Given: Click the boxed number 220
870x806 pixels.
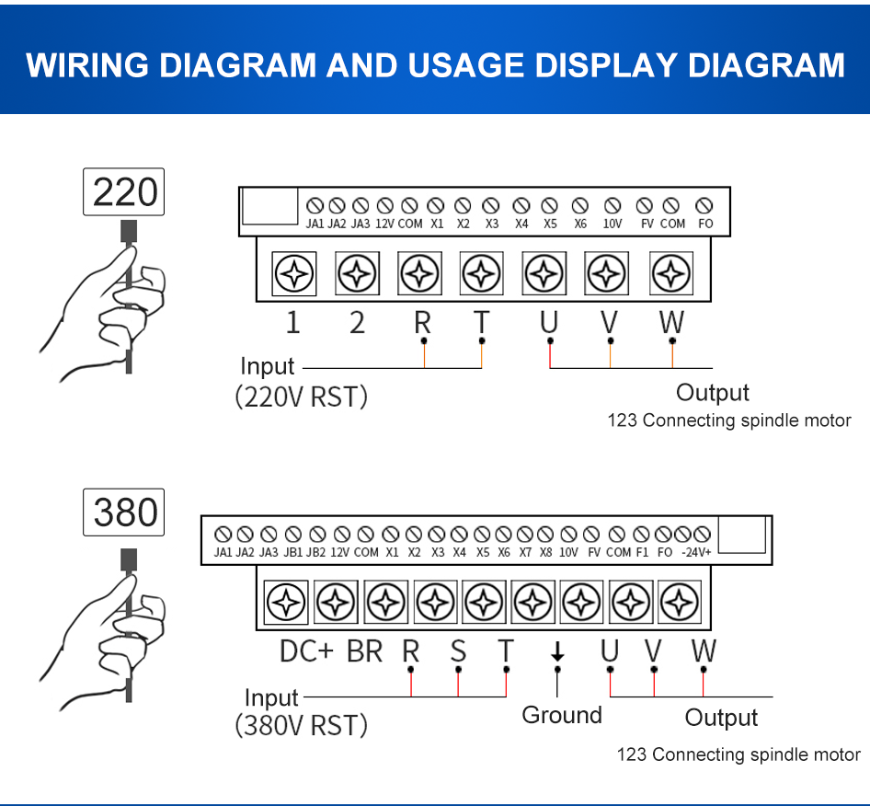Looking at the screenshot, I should pos(124,192).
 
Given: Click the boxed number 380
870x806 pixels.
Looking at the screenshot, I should pos(124,512).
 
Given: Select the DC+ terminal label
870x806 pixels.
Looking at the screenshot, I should pos(307,651).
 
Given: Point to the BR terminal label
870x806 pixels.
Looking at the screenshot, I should pos(364,651).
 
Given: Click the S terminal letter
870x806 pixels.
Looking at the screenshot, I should pos(458,651).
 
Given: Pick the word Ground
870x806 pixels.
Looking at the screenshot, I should pos(562,715).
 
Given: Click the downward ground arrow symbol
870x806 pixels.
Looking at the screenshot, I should pos(556,652).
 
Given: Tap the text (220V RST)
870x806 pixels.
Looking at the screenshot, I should pos(301,397).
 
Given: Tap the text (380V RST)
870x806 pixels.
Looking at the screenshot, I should pos(301,726).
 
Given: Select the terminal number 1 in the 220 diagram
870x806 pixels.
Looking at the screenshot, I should pos(292,323).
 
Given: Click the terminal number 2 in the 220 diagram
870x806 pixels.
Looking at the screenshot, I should pos(357,323).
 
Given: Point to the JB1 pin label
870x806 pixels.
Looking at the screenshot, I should pos(292,553).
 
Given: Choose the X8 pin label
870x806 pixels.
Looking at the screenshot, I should pos(545,553).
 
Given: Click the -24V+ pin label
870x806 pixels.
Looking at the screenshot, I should pos(696,553).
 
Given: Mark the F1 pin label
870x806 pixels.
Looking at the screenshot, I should pos(642,553).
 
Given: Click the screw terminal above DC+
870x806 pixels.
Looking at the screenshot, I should pos(286,603).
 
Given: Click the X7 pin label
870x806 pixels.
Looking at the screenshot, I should pos(524,553).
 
